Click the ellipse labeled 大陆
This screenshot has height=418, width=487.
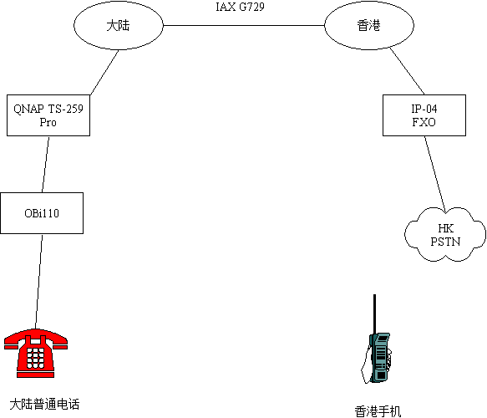pos(119,25)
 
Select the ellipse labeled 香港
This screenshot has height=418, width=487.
pos(369,25)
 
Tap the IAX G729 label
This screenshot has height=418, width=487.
pos(240,7)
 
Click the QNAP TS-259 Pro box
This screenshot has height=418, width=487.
pos(48,115)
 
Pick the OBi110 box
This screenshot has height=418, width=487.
pos(42,213)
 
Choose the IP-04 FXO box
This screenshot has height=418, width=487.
pos(424,115)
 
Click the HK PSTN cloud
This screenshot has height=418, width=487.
pos(445,235)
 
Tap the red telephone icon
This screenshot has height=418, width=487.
pos(36,353)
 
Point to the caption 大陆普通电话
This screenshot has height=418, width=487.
pos(44,404)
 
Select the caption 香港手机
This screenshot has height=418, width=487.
pos(378,411)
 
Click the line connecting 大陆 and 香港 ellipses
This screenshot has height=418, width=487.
pos(244,25)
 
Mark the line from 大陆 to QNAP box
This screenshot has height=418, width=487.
pos(104,73)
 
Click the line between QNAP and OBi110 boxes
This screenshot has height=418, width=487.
pos(46,165)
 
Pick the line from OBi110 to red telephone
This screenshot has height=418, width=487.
pos(38,281)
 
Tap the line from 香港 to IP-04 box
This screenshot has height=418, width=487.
pos(407,71)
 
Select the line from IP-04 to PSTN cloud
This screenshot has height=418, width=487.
pos(435,175)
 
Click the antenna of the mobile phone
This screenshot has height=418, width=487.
pos(374,314)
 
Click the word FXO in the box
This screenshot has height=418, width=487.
pos(424,122)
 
